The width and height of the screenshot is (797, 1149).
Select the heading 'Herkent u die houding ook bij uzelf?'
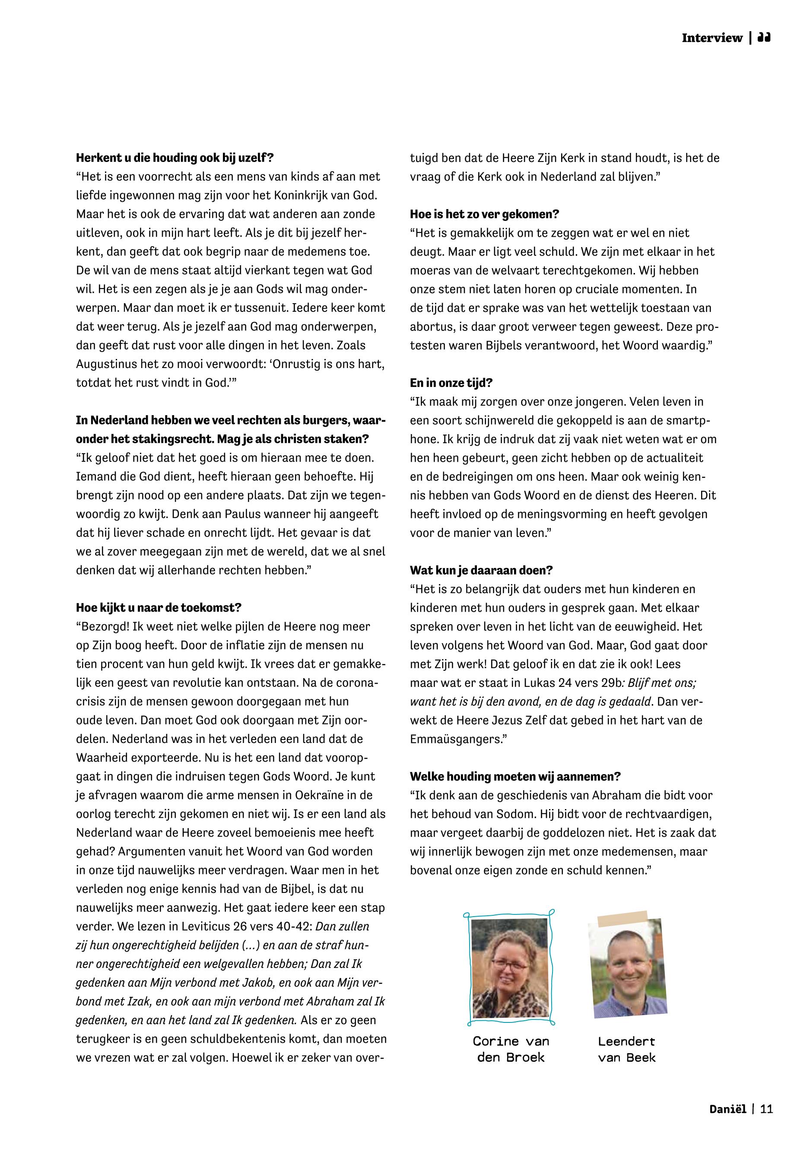(x=175, y=158)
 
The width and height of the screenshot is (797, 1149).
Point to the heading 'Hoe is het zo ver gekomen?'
(x=484, y=214)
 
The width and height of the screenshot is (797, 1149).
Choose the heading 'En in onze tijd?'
(x=451, y=383)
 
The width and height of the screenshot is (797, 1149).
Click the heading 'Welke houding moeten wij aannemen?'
(x=515, y=777)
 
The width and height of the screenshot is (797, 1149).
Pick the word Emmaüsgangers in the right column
(x=455, y=740)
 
